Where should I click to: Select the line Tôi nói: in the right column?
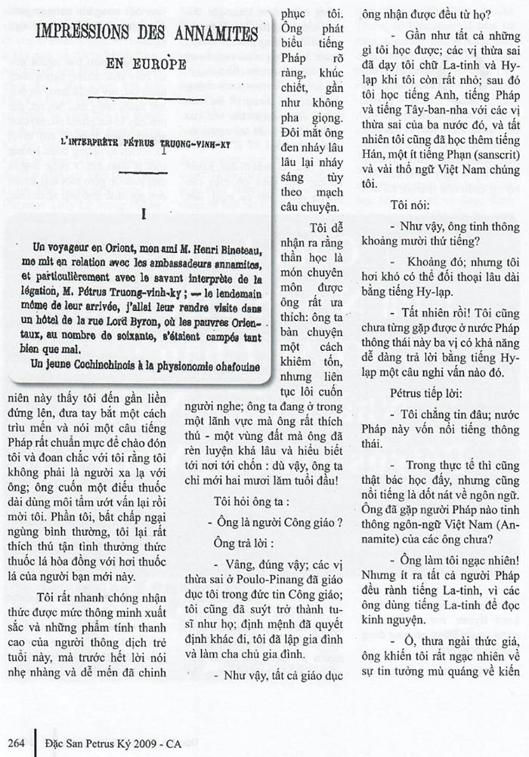pos(412,205)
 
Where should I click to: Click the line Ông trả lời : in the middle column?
pos(245,543)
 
